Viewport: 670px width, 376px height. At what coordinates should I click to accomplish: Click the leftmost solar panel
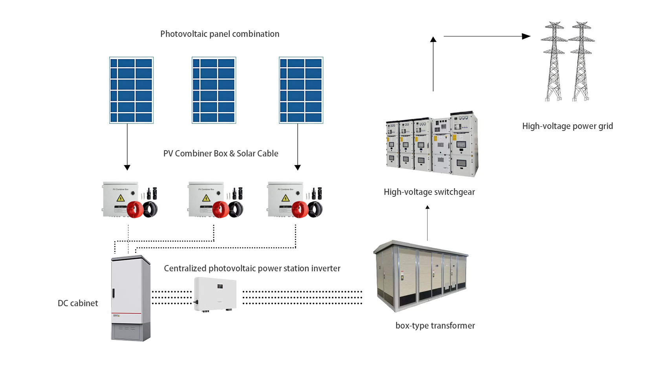coord(131,90)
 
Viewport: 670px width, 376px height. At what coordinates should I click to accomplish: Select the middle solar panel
coord(214,90)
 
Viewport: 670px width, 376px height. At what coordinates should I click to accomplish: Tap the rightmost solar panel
coord(301,90)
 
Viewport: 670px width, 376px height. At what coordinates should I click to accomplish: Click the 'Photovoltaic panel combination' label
coord(220,34)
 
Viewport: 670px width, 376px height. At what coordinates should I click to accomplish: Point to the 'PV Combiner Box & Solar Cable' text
coord(221,154)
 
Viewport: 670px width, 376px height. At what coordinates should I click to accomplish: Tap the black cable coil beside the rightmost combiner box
coord(315,209)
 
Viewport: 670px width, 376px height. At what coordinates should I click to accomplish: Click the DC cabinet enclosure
coord(130,298)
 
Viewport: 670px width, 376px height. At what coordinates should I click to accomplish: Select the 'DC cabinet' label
coord(78,303)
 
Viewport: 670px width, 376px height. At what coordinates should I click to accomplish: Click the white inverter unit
coord(215,294)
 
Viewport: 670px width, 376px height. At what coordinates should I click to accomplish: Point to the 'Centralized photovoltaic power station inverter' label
coord(252,269)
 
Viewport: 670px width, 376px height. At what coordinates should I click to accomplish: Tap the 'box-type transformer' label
coord(435,326)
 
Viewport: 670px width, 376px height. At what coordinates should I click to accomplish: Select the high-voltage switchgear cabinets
coord(432,144)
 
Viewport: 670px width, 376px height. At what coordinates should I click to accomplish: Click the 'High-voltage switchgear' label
coord(429,192)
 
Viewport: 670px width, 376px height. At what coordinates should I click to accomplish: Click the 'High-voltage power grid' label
coord(567,126)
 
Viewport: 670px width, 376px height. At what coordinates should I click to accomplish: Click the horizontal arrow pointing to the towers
coord(487,36)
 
